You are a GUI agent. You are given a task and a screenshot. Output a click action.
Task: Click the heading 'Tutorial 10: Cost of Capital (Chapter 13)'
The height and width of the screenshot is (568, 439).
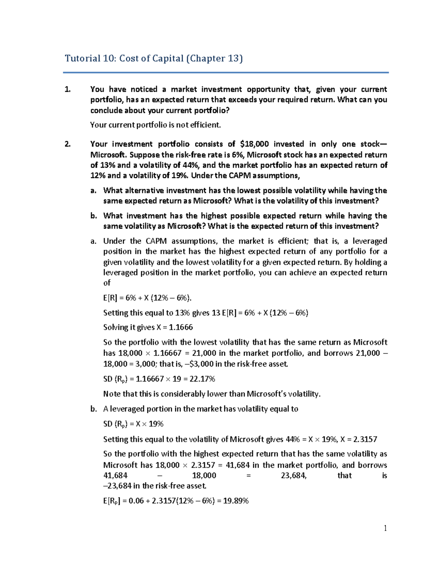point(154,59)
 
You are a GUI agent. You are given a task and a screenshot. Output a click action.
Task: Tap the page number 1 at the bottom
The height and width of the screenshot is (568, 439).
point(385,528)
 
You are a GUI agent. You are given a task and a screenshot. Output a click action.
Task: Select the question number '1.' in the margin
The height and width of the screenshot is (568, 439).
point(67,90)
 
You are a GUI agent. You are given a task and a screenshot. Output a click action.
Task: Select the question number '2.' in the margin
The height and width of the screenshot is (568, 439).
point(67,144)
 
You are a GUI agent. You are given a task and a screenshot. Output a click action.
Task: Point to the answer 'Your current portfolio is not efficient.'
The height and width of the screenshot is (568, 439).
point(155,125)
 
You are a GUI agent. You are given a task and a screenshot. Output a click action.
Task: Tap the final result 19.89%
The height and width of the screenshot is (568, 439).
point(236,501)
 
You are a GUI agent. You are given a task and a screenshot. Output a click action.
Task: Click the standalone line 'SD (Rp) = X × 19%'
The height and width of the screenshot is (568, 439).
point(133,424)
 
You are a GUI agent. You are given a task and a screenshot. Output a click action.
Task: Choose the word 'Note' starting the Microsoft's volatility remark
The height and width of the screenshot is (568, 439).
point(111,394)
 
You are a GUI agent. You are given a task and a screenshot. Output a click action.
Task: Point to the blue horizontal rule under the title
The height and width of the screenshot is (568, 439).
point(226,73)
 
